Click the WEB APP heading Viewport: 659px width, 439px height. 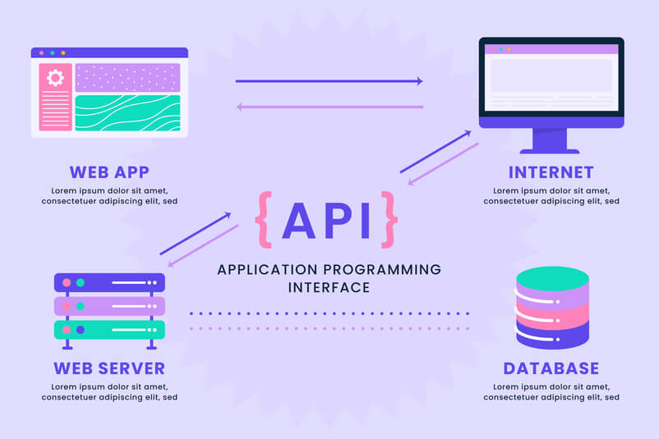109,172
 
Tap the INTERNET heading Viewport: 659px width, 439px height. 551,172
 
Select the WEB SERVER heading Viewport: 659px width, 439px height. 109,368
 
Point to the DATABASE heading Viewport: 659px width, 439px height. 551,368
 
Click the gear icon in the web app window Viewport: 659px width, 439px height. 56,78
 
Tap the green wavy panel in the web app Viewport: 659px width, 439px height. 127,113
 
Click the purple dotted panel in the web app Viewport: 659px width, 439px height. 127,78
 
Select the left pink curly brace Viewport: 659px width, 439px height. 264,220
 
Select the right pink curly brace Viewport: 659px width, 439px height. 389,220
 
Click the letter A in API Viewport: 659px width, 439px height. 299,221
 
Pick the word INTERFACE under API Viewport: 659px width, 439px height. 329,287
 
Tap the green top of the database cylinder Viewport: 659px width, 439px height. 553,279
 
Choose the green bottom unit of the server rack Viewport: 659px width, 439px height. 109,330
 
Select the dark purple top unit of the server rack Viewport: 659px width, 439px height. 109,282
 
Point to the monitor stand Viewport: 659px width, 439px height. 550,141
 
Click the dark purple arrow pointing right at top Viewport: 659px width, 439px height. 329,81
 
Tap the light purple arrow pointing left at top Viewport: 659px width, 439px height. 330,107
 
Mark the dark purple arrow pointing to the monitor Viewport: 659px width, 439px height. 435,152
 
